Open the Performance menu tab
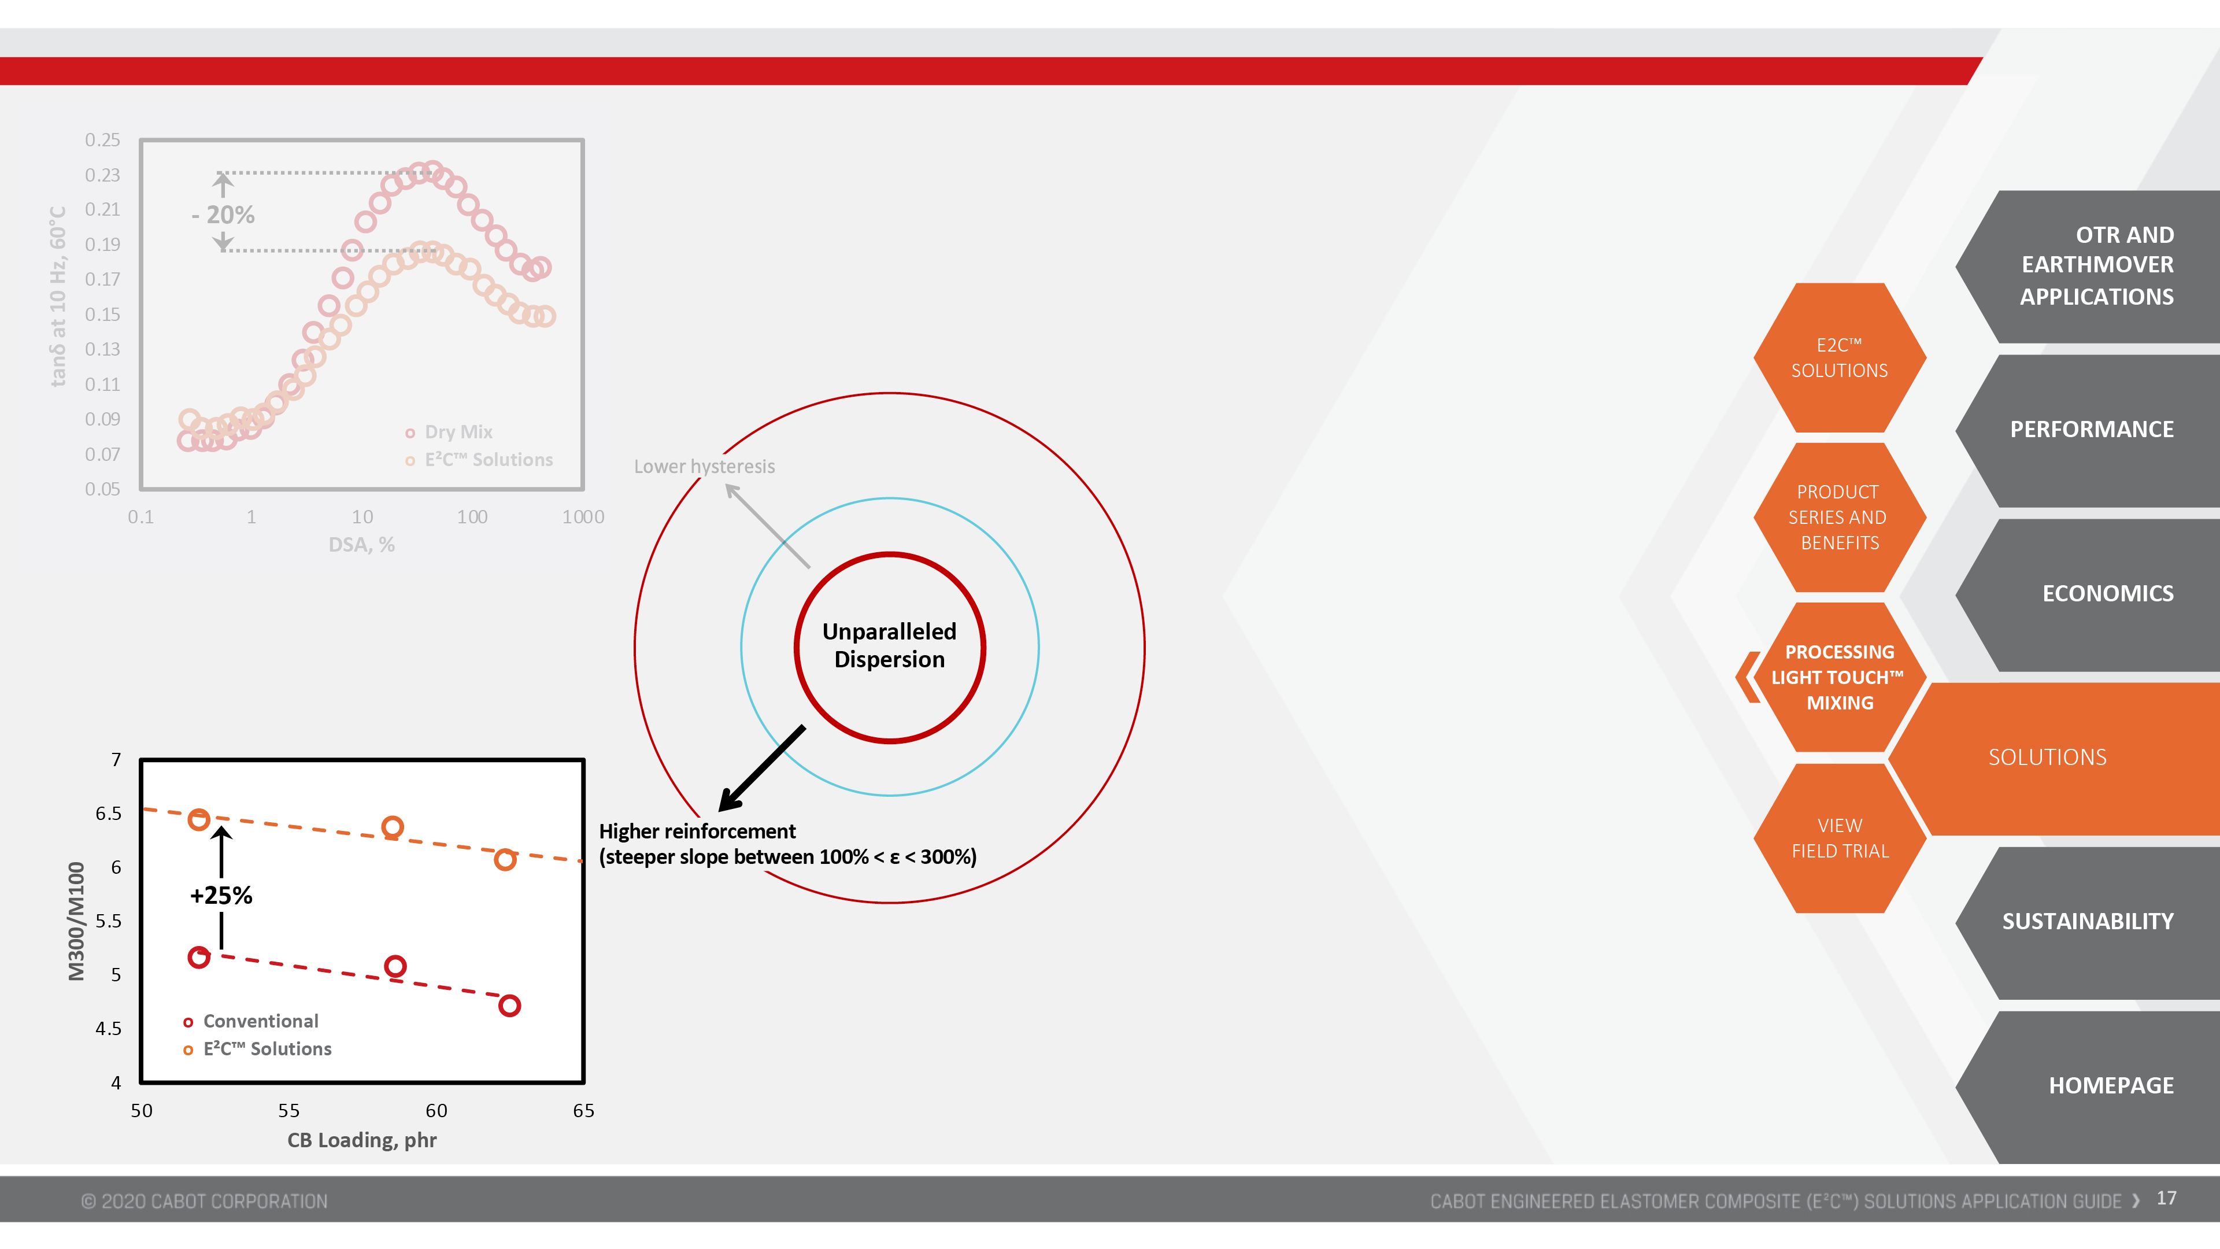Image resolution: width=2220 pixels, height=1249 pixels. click(x=2090, y=429)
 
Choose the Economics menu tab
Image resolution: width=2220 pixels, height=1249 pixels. click(x=2090, y=594)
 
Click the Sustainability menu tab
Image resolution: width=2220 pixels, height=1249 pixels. click(x=2090, y=922)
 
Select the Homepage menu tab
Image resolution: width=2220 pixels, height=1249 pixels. click(x=2090, y=1086)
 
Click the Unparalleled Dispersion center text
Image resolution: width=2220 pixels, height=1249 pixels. click(x=889, y=646)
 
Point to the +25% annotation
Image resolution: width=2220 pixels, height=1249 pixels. click(x=221, y=896)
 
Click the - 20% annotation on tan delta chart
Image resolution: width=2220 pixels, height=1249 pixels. click(x=223, y=215)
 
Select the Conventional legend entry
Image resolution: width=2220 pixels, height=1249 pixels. click(x=251, y=1021)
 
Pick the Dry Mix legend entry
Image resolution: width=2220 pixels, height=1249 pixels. click(x=449, y=432)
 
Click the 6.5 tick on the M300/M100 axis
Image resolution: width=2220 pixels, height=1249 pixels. click(x=109, y=814)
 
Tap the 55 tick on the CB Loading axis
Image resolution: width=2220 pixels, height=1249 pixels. click(x=288, y=1110)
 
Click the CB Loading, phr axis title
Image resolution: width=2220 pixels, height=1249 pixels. click(x=362, y=1140)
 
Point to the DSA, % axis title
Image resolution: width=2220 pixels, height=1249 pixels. click(x=362, y=545)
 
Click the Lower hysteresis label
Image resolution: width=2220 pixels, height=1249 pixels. click(x=704, y=466)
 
